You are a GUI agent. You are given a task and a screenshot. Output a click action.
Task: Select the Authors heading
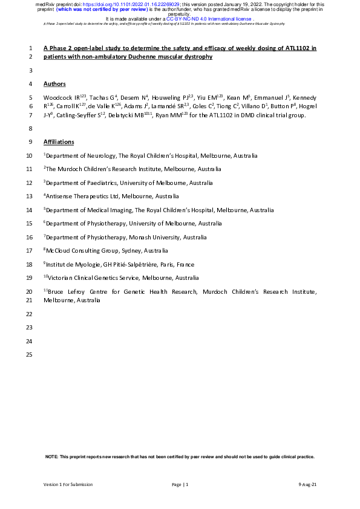54,83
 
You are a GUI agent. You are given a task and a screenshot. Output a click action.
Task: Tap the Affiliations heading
59,141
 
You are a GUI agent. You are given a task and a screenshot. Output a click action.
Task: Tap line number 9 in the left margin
31,141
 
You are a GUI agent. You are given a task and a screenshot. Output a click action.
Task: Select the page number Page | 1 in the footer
180,485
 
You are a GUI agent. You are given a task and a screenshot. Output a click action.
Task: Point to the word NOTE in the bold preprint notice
52,457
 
